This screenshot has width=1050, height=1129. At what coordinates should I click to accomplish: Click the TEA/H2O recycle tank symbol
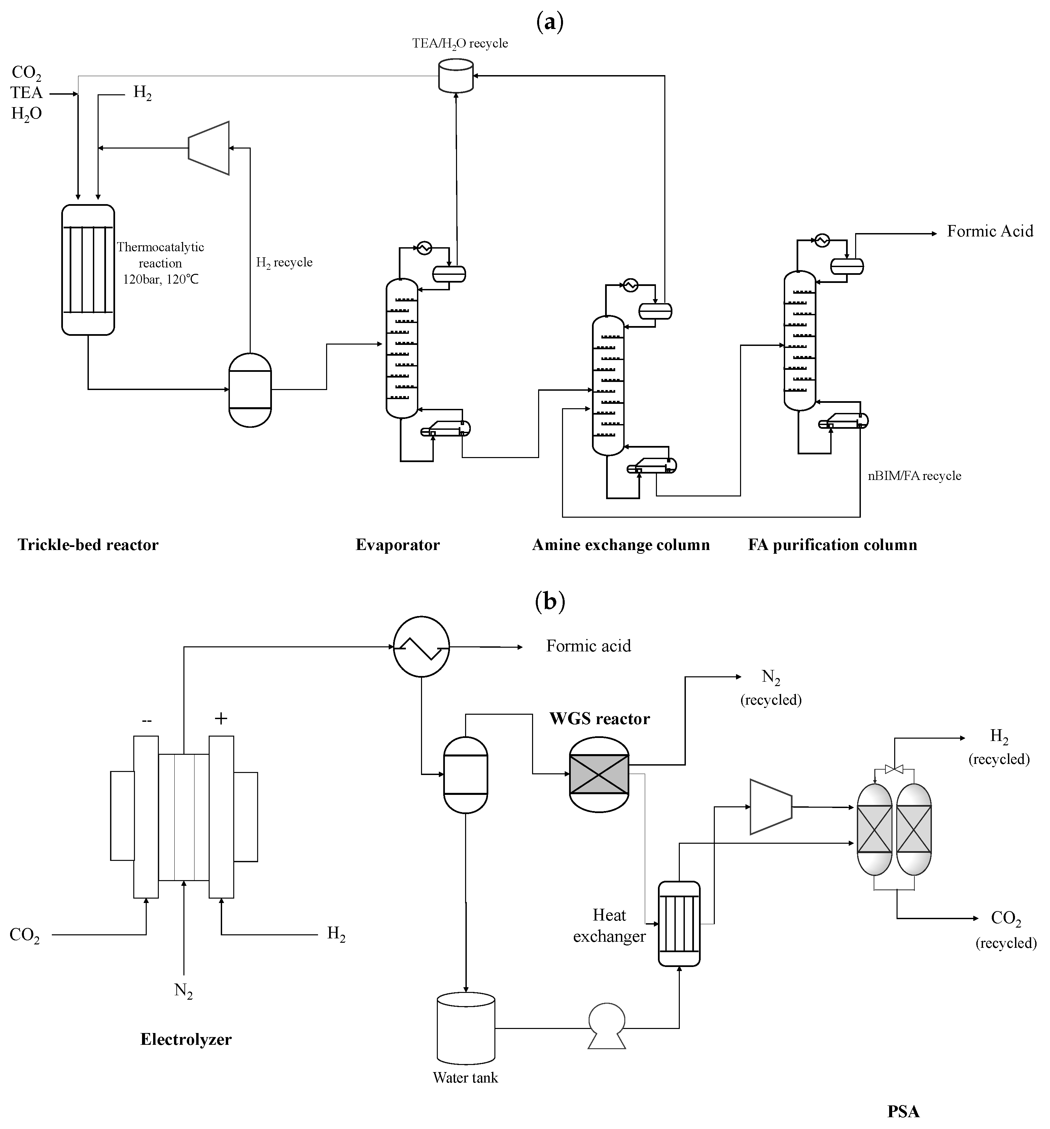456,77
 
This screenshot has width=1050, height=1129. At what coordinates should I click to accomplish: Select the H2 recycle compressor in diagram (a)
209,148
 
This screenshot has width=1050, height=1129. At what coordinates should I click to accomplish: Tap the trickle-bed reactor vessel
88,270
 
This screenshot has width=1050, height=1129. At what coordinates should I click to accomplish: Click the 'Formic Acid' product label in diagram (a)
989,231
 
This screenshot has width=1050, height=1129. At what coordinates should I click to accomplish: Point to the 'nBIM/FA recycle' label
914,476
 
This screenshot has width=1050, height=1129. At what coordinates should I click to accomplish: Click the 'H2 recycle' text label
284,262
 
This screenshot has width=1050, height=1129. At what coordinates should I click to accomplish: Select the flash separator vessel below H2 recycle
250,390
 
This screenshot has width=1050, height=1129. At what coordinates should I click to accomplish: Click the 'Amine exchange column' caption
620,545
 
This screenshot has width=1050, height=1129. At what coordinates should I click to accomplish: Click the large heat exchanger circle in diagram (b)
421,646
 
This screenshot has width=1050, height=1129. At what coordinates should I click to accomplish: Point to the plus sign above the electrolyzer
221,718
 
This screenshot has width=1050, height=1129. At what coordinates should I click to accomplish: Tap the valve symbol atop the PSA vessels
894,769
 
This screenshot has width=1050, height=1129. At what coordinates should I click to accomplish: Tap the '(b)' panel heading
550,601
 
